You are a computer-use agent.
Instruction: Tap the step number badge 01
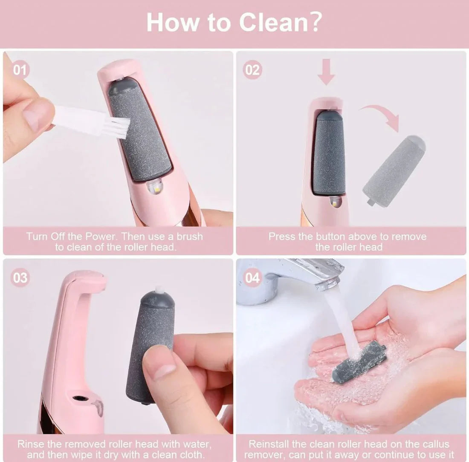[19, 69]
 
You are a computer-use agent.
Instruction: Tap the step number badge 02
[252, 69]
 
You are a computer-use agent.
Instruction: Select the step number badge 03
[19, 278]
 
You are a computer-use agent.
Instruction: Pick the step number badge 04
[252, 278]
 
